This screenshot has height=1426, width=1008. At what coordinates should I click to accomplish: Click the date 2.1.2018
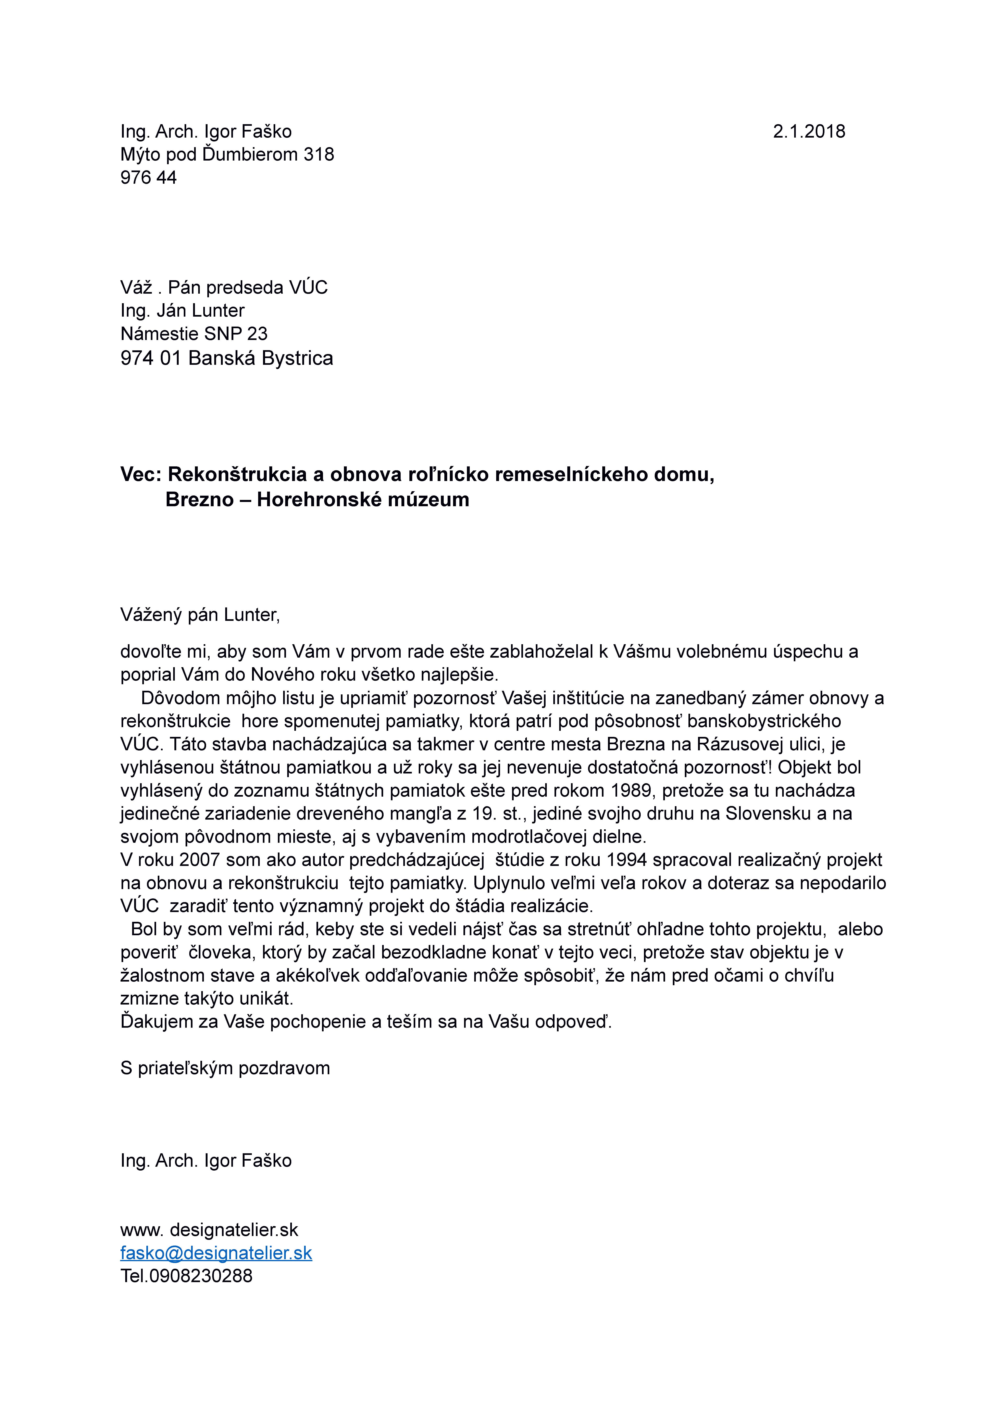pyautogui.click(x=809, y=132)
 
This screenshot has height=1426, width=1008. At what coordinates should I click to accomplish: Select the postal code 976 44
pyautogui.click(x=148, y=178)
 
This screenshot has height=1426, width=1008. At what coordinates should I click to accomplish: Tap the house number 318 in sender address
pyautogui.click(x=319, y=155)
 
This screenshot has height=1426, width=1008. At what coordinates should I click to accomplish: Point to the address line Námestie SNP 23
pyautogui.click(x=194, y=334)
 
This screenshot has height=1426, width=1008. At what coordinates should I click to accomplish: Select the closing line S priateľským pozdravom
pyautogui.click(x=225, y=1068)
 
